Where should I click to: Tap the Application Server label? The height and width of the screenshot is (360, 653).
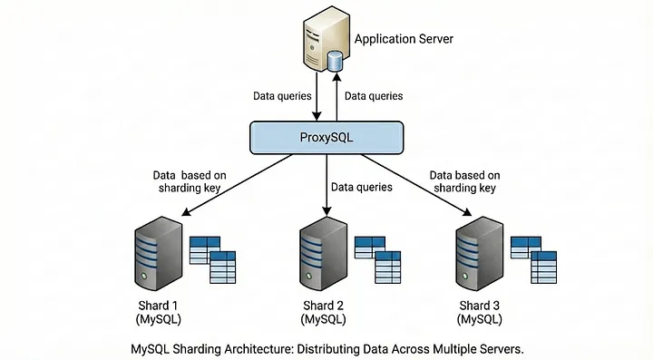tap(404, 39)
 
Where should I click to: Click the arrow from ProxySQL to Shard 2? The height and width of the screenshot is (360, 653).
tap(326, 186)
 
